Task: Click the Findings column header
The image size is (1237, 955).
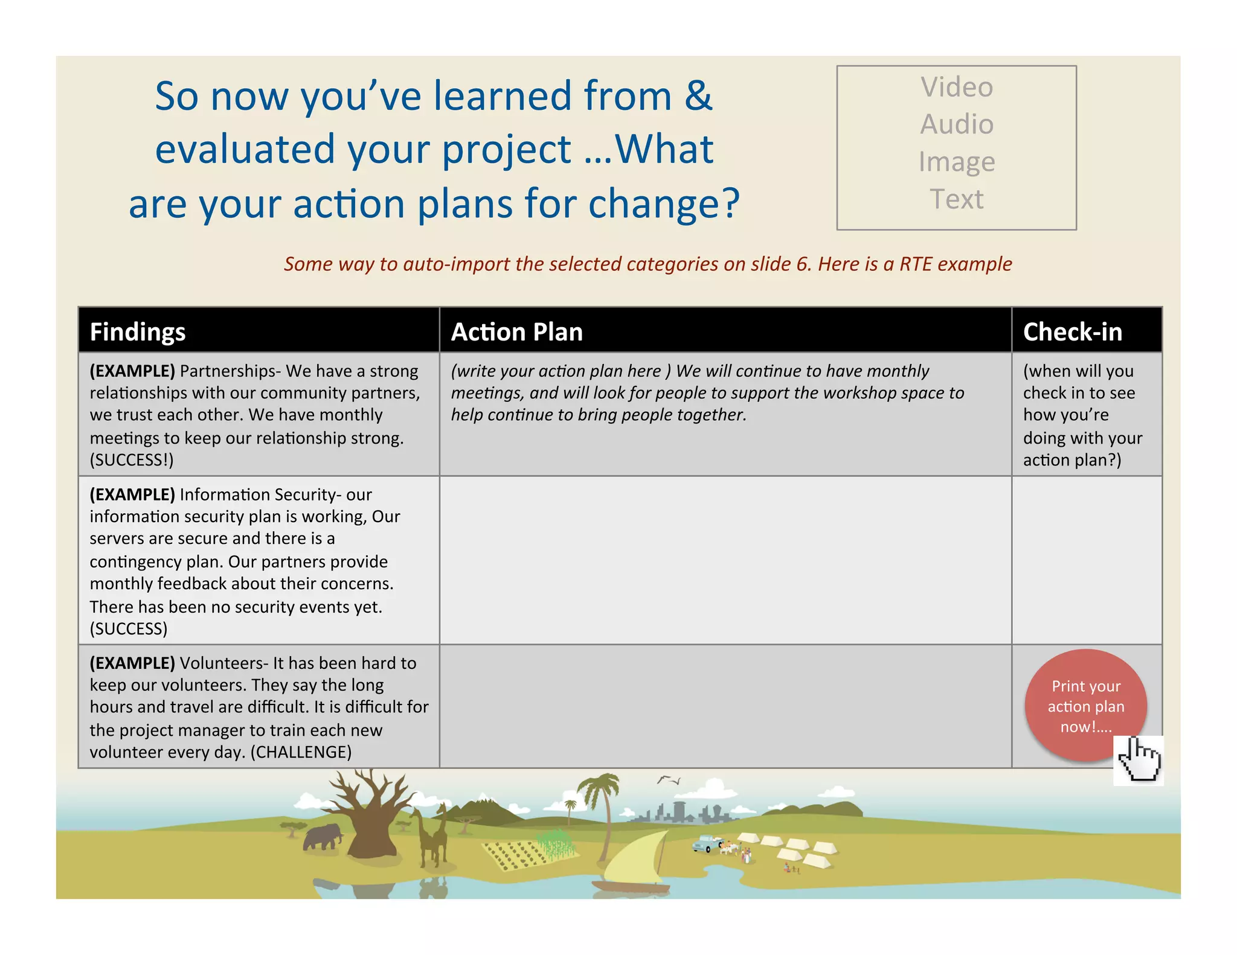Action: pyautogui.click(x=138, y=332)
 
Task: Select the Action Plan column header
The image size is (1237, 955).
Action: pyautogui.click(x=517, y=332)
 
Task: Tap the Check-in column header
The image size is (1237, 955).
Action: pyautogui.click(x=1073, y=332)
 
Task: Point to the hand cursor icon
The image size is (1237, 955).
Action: pyautogui.click(x=1139, y=759)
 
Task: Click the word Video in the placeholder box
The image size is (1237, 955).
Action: pyautogui.click(x=957, y=87)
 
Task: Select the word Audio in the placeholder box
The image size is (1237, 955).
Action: pyautogui.click(x=957, y=124)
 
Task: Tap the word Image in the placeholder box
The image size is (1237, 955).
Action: pyautogui.click(x=957, y=162)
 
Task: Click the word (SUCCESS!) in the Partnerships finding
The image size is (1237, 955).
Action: pyautogui.click(x=132, y=460)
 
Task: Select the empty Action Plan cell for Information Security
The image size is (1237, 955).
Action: pyautogui.click(x=725, y=560)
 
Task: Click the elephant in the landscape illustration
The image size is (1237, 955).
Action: pyautogui.click(x=322, y=837)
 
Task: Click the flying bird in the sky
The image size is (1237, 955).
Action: pyautogui.click(x=668, y=780)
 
